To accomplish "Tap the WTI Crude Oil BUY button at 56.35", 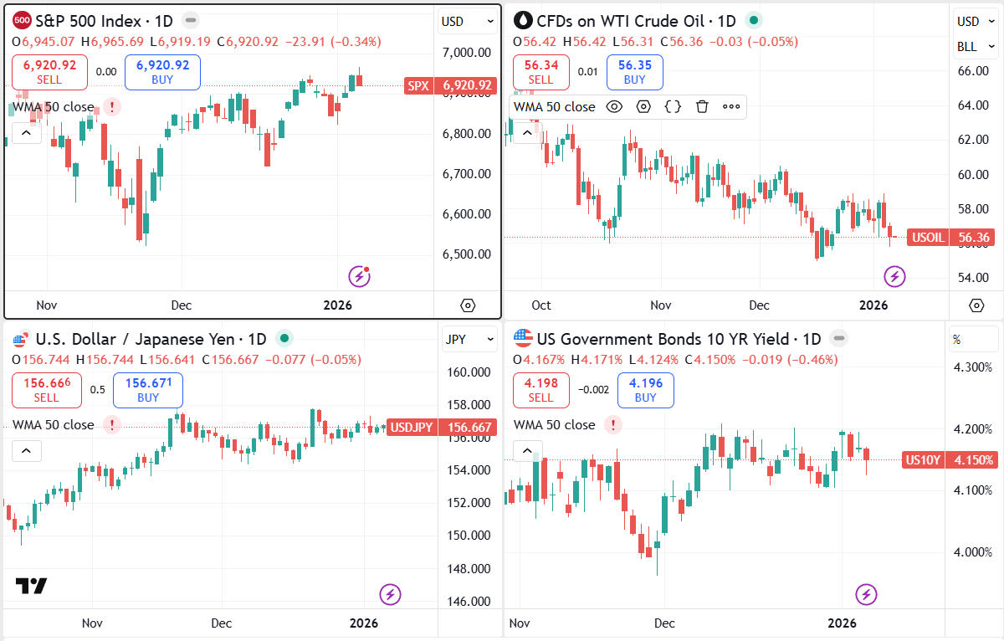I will click(634, 72).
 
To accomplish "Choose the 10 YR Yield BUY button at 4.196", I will click(645, 390).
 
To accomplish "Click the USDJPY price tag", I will click(412, 427).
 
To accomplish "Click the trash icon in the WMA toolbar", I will click(702, 106).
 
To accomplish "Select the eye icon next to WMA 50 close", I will click(614, 106).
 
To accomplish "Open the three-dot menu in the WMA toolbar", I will click(731, 106).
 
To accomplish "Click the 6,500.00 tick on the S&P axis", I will click(466, 254).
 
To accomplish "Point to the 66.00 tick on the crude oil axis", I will click(973, 71).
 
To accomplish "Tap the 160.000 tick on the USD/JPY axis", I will click(469, 372).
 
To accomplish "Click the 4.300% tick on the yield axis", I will click(973, 367).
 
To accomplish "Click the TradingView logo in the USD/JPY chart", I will click(32, 586).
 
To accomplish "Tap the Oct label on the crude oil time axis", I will click(541, 305).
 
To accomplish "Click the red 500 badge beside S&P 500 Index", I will click(23, 20).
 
